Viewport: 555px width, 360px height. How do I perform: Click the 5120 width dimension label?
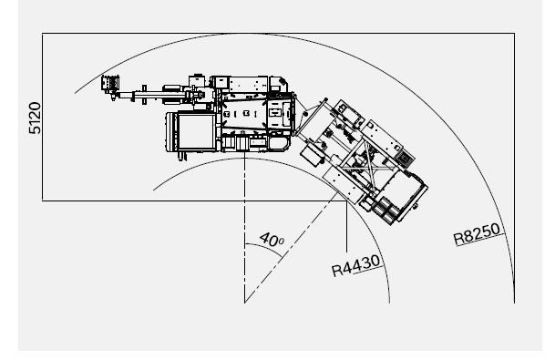click(35, 118)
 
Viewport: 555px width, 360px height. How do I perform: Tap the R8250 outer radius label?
click(477, 233)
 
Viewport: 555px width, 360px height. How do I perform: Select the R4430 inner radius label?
click(356, 266)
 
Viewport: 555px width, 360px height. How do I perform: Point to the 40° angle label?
click(272, 240)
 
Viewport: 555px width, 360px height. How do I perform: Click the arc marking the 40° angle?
click(265, 247)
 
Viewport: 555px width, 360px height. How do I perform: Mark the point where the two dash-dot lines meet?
click(244, 303)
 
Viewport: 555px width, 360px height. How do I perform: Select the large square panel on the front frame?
click(196, 131)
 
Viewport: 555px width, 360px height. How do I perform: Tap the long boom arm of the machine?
click(152, 95)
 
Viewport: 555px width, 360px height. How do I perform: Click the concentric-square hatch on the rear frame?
click(404, 159)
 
